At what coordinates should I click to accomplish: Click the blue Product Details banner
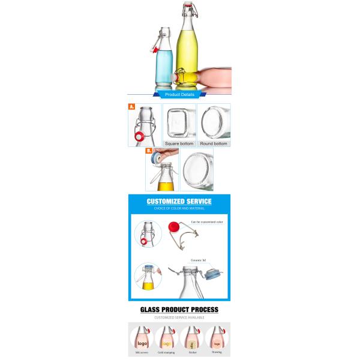tap(179, 95)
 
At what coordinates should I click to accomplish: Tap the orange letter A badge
tap(131, 107)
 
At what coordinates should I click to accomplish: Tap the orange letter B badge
tap(148, 152)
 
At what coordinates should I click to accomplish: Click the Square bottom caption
tap(179, 144)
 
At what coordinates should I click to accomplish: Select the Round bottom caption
tap(214, 144)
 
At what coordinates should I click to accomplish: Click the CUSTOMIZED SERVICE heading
tap(179, 202)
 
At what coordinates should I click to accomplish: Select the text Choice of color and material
tap(179, 209)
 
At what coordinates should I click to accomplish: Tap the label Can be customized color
tap(207, 222)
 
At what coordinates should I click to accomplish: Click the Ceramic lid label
tap(198, 260)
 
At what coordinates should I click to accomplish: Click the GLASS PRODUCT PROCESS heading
tap(179, 310)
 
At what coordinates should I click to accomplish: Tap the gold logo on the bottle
tap(166, 344)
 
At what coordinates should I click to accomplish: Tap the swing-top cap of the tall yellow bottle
tap(187, 9)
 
